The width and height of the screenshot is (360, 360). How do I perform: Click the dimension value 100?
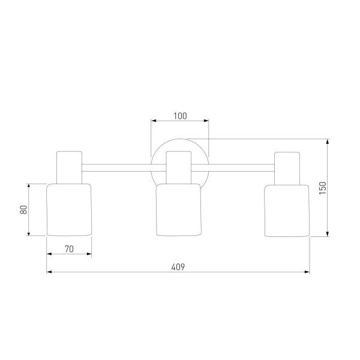pyautogui.click(x=180, y=116)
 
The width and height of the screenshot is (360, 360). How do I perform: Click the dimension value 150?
pyautogui.click(x=323, y=188)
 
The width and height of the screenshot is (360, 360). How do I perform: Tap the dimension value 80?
pyautogui.click(x=23, y=210)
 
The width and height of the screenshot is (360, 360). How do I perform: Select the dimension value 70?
pyautogui.click(x=69, y=249)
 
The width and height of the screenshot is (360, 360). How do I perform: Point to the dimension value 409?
pyautogui.click(x=178, y=267)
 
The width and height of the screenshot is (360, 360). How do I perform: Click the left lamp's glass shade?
pyautogui.click(x=69, y=209)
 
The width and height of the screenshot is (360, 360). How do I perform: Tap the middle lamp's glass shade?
pyautogui.click(x=179, y=209)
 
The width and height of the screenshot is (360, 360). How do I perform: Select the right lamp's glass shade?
pyautogui.click(x=287, y=211)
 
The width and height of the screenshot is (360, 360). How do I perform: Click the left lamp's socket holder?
pyautogui.click(x=70, y=167)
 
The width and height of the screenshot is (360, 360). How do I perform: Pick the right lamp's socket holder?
pyautogui.click(x=287, y=168)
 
